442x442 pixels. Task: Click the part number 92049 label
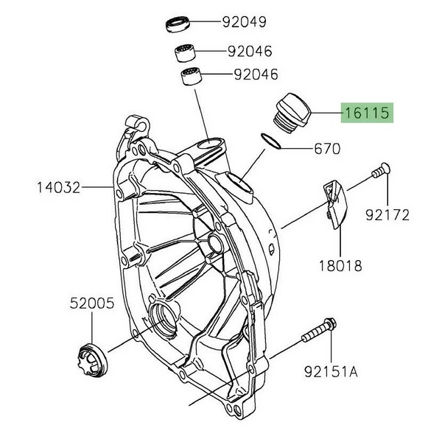click(245, 21)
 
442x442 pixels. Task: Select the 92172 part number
click(389, 215)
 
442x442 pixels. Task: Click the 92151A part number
click(331, 372)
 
